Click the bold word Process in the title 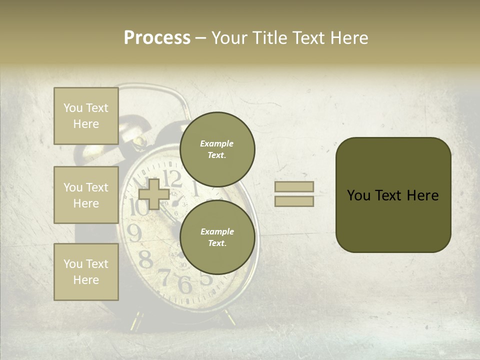pos(157,38)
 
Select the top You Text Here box pos(86,116)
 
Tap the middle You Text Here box pos(86,195)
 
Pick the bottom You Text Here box pos(86,272)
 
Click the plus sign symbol pos(154,194)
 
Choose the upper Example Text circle pos(217,149)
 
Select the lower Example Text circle pos(217,237)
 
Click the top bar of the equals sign pos(294,186)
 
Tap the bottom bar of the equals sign pos(294,201)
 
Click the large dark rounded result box pos(393,195)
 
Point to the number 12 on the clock pos(172,177)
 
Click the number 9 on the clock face pos(134,233)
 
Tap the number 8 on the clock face pos(145,259)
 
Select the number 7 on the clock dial pos(164,276)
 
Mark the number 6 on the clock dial pos(184,284)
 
